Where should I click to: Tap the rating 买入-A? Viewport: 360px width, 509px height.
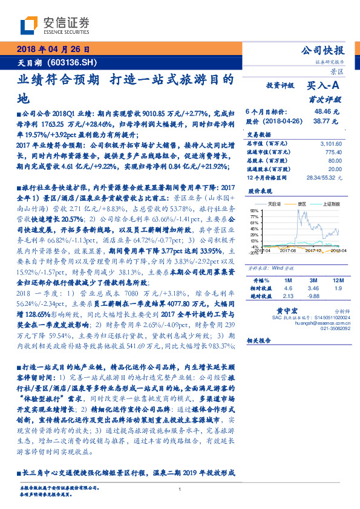[327, 86]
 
